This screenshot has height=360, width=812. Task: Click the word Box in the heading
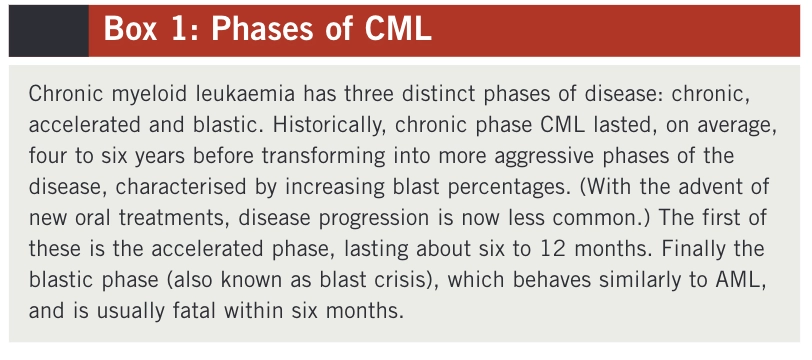coord(130,30)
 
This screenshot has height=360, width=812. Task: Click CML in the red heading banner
coord(398,30)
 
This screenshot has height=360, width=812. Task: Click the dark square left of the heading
coord(49,31)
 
